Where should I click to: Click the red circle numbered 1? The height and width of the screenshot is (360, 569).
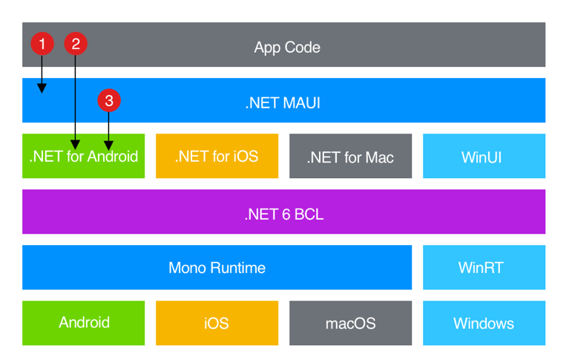point(42,44)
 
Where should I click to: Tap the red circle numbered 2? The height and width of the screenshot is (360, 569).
point(75,44)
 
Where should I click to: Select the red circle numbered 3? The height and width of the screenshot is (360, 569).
point(109,100)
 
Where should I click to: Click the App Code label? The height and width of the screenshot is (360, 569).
point(287,48)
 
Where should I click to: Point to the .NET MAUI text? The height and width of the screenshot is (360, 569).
point(283,103)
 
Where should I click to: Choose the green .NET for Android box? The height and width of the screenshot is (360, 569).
point(83,157)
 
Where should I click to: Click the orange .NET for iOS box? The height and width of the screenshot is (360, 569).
point(217,157)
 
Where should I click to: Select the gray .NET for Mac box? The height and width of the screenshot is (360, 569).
point(350,157)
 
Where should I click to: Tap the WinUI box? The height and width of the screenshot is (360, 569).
point(484,157)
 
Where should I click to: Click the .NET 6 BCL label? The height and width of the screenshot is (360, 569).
point(283,215)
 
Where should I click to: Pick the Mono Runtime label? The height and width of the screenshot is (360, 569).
point(217,268)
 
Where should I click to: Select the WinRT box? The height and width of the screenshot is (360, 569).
point(484,268)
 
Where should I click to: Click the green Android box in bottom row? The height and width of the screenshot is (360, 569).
point(84,323)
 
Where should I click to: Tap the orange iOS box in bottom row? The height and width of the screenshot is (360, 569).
point(217,323)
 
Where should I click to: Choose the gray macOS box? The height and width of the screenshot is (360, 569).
point(350,323)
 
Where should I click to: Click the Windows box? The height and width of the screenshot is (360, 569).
point(484,323)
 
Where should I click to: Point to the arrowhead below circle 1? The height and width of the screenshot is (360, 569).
point(42,89)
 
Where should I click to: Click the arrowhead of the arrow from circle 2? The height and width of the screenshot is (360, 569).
point(75,145)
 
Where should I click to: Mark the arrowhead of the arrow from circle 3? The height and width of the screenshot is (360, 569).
point(109,145)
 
